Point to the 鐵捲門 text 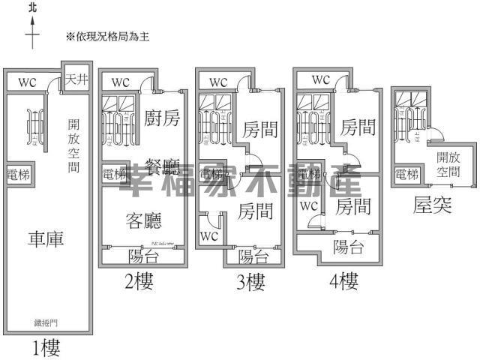46,324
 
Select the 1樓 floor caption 46,347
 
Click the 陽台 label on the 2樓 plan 142,255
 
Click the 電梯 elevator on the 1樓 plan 19,173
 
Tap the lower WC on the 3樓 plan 209,236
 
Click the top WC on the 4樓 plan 320,79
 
